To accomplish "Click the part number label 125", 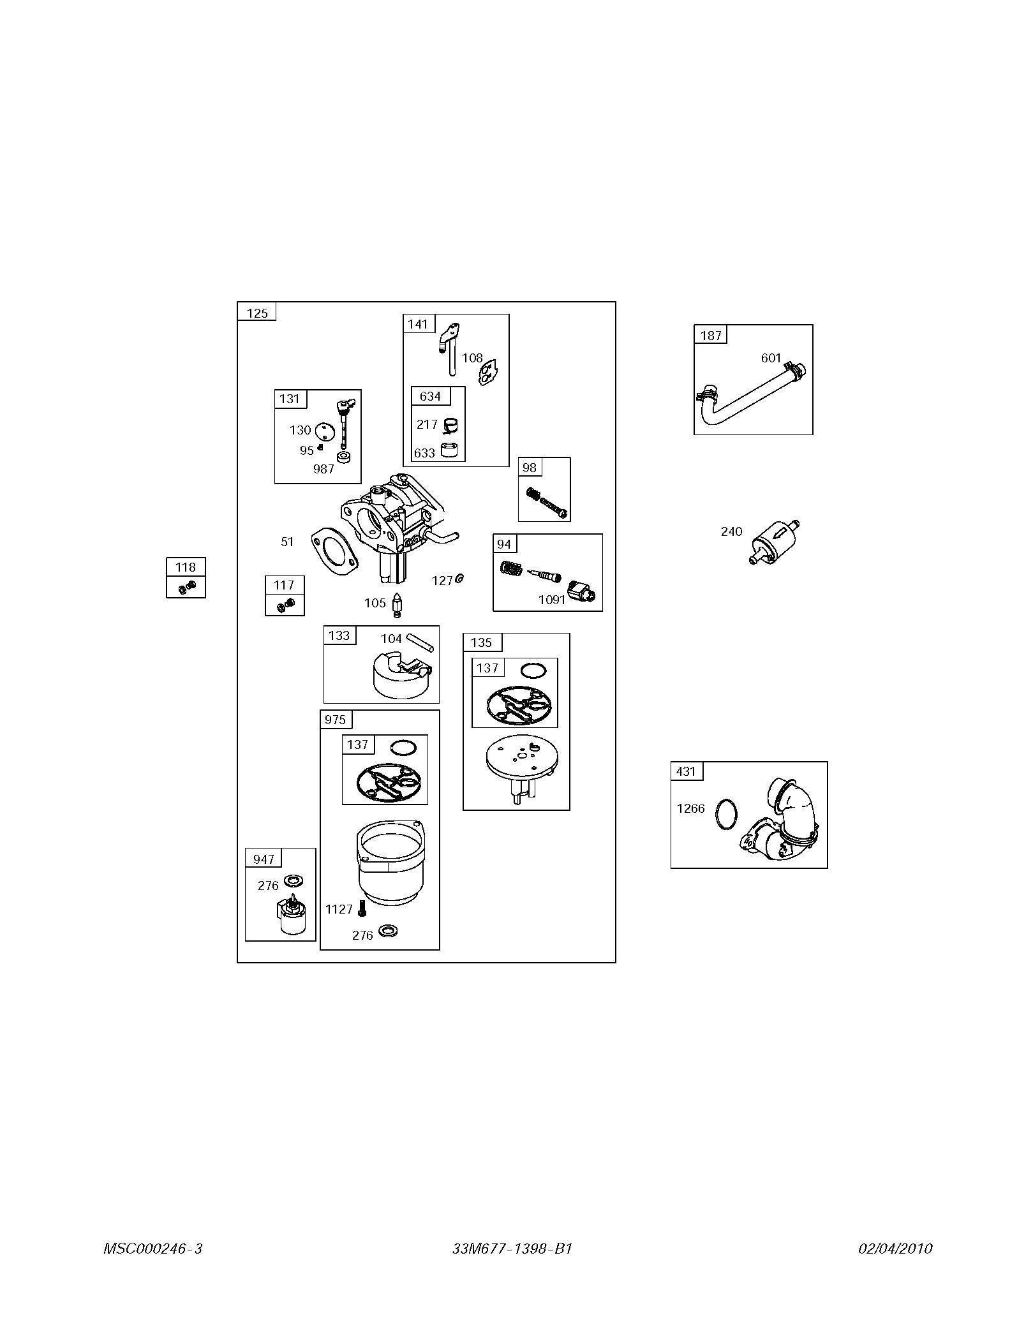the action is (x=257, y=313).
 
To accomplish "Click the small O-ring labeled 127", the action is (x=459, y=578).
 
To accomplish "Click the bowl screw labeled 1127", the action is (x=362, y=908).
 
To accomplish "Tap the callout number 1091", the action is (x=552, y=600).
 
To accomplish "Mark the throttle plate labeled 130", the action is (x=326, y=431).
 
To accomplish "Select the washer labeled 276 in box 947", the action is (x=295, y=881).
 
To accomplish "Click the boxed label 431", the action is (x=686, y=771).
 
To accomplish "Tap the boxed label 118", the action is (x=186, y=567).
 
